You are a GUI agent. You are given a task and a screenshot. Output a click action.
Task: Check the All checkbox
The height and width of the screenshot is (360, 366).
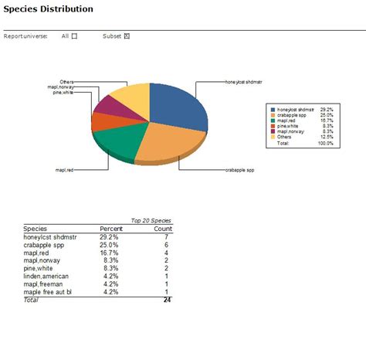pos(74,36)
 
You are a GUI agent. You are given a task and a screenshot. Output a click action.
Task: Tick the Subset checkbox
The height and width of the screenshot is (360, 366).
pos(127,36)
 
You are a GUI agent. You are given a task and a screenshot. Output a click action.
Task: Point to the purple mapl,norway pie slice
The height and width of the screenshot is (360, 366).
pos(106,106)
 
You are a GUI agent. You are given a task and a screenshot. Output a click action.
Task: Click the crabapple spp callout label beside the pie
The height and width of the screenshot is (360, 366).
pos(239,169)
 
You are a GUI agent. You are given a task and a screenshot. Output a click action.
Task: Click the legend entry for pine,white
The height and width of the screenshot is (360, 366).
pos(290,125)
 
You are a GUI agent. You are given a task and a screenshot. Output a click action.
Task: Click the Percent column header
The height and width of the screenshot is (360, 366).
pos(111,229)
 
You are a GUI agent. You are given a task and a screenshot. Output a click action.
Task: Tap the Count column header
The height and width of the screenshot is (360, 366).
pos(162,229)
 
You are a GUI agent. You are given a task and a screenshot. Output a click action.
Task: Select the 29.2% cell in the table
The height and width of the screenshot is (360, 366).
pos(109,237)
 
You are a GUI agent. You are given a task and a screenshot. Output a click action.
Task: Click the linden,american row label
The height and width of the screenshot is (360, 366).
pos(46,276)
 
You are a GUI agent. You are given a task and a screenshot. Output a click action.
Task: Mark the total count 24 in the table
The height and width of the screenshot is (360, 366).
pos(167,299)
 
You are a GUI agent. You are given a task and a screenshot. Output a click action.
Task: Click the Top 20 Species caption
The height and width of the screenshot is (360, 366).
pos(151,220)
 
